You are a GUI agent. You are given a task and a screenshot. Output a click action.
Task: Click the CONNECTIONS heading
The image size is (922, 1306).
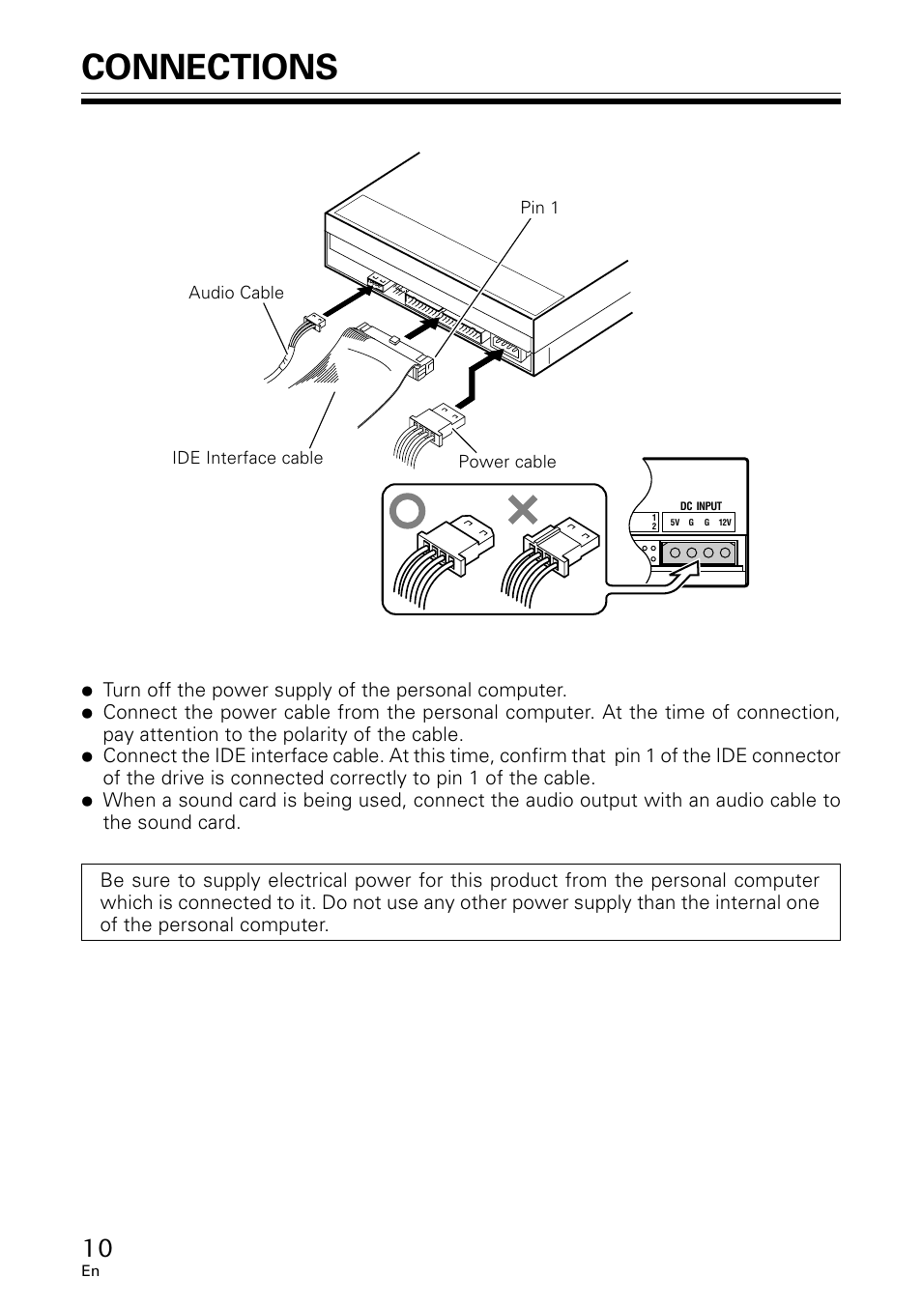coord(210,67)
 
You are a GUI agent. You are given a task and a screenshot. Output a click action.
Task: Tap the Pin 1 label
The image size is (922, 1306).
coord(539,208)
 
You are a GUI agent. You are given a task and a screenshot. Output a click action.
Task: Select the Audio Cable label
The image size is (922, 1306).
coord(236,293)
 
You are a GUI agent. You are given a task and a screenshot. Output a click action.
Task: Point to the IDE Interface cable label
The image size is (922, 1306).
coord(247,458)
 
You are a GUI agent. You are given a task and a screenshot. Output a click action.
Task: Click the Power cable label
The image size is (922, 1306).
coord(507,462)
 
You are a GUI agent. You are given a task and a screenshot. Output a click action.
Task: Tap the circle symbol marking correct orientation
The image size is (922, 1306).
coord(408,511)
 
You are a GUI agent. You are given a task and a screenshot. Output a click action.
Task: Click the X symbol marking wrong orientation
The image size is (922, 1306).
coord(523,510)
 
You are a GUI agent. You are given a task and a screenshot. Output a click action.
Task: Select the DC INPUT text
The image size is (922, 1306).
coord(701,506)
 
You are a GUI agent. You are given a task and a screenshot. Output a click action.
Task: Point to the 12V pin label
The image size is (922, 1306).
coord(725,523)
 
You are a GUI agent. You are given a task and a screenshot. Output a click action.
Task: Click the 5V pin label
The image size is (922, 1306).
coord(675,523)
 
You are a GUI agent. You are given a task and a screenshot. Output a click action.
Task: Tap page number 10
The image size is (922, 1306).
coord(97,1248)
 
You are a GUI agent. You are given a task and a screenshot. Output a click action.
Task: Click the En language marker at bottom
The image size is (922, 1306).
coord(90,1271)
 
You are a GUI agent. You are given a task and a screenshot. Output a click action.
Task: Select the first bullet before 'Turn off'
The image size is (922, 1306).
coord(87,692)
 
